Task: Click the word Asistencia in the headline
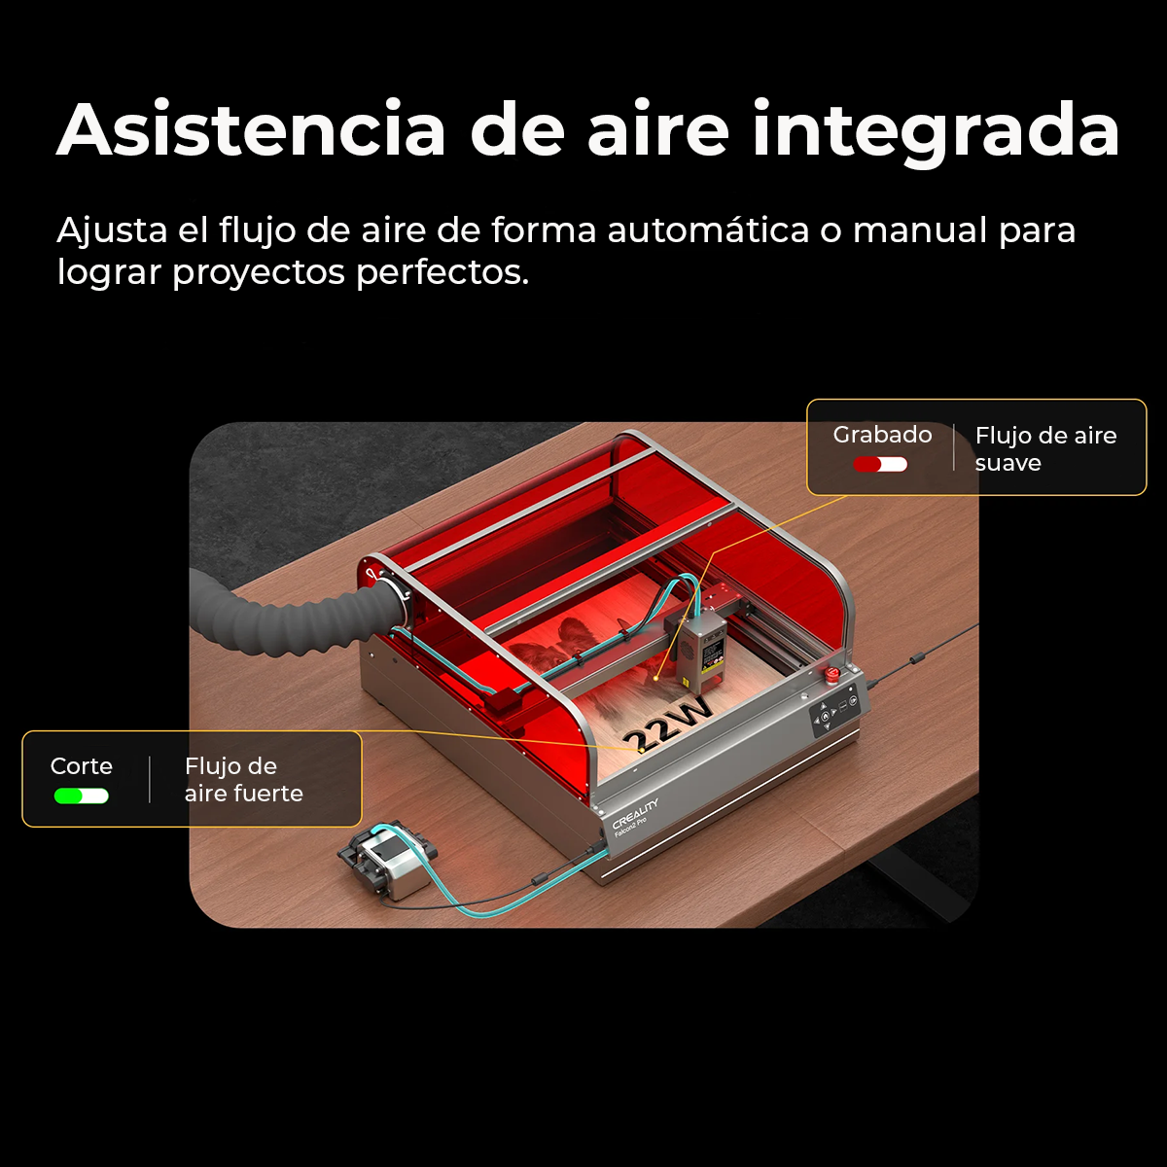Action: click(x=251, y=129)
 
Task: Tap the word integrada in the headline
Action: click(x=937, y=134)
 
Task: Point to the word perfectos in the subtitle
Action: click(x=442, y=272)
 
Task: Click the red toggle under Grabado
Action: click(x=880, y=465)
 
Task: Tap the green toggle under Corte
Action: click(x=81, y=796)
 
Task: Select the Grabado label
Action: click(x=882, y=435)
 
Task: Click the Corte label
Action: click(x=81, y=766)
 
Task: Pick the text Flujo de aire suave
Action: click(x=1045, y=448)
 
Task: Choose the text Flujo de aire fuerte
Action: click(x=243, y=779)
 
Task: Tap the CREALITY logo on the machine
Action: click(x=635, y=813)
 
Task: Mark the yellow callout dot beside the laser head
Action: click(x=656, y=678)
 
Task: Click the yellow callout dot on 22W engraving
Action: click(x=641, y=751)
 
